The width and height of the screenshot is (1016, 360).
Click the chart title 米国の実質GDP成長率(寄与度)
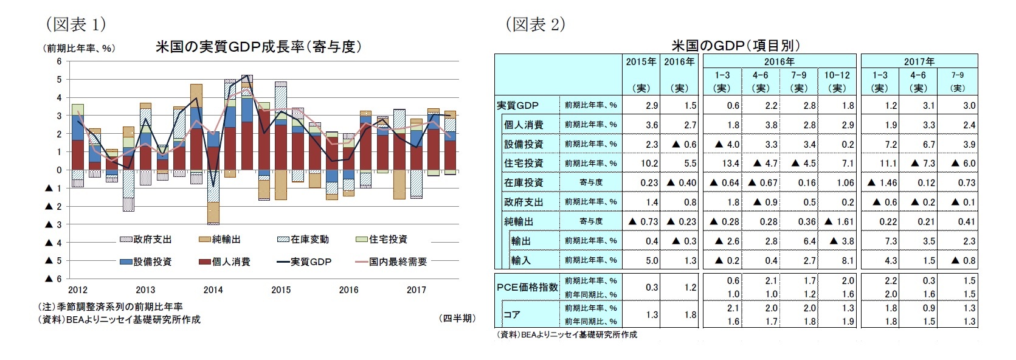click(x=258, y=47)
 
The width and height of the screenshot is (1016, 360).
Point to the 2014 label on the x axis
click(x=213, y=290)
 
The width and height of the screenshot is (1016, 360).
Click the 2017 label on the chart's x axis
click(x=416, y=290)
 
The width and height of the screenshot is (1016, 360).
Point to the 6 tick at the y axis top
click(x=59, y=61)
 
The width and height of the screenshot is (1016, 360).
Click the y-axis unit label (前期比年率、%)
click(x=78, y=48)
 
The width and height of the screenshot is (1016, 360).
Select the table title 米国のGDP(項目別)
click(x=736, y=46)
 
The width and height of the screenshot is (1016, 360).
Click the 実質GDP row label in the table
click(x=517, y=105)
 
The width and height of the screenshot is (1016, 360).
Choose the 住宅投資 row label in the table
click(x=524, y=163)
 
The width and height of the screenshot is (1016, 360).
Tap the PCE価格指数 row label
click(x=527, y=287)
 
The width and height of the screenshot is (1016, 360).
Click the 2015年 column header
click(x=641, y=61)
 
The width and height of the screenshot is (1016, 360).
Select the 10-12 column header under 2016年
click(x=837, y=75)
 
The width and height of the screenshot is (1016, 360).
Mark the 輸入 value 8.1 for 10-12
click(x=848, y=260)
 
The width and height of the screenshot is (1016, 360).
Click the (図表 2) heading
click(x=535, y=24)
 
